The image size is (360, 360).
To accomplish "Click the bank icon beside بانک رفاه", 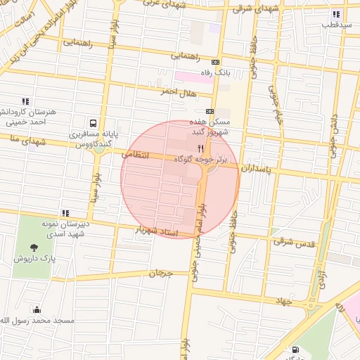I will (x=215, y=62).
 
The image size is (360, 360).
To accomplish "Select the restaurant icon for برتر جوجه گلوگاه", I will (x=200, y=148).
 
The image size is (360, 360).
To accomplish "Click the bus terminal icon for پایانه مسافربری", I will (x=93, y=121).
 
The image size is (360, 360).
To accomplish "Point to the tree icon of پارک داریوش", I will (x=33, y=247).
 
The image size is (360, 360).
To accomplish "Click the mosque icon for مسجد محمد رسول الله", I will (x=37, y=310).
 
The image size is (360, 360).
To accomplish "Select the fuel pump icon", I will (x=295, y=349).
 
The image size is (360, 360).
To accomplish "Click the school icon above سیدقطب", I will (x=336, y=14).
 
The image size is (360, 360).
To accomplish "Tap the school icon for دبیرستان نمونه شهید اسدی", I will (x=65, y=212).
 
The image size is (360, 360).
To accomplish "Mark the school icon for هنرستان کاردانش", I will (x=26, y=101).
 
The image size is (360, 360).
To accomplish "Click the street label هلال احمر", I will (x=177, y=91).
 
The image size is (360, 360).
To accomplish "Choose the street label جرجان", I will (x=160, y=273).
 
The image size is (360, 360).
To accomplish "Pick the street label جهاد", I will (x=283, y=300).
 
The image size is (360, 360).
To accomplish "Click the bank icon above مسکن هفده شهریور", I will (x=210, y=111).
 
